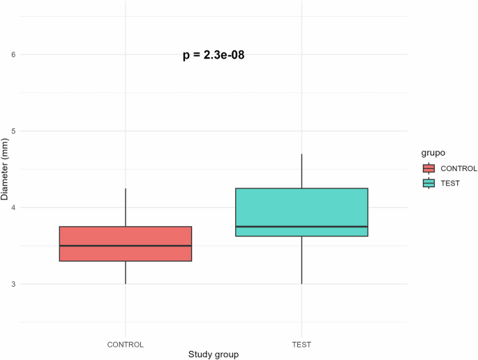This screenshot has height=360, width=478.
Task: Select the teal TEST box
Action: (x=301, y=207)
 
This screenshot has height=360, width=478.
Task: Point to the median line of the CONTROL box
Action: (x=126, y=246)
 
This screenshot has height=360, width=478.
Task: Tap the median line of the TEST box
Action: (x=301, y=227)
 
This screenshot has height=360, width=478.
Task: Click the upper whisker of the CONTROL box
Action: (x=126, y=207)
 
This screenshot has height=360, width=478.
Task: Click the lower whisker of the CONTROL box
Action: (x=126, y=273)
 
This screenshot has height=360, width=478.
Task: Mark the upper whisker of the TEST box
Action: (x=301, y=171)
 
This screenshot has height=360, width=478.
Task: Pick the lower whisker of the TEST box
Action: (x=301, y=260)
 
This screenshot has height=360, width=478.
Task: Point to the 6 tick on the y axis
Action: (x=13, y=54)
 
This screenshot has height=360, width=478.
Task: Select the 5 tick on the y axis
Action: (x=13, y=131)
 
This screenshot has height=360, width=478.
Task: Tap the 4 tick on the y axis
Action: (x=13, y=208)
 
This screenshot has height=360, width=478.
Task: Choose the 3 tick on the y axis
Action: (x=13, y=285)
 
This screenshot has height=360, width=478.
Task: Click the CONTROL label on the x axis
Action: (x=126, y=344)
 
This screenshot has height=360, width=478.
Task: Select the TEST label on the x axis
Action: (x=301, y=344)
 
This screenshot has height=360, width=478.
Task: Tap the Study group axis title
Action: (x=214, y=354)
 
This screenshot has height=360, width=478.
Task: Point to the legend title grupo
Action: (x=434, y=152)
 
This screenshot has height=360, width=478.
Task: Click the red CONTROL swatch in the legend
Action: (x=429, y=168)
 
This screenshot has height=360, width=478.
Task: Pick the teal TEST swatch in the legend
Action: (x=429, y=183)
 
